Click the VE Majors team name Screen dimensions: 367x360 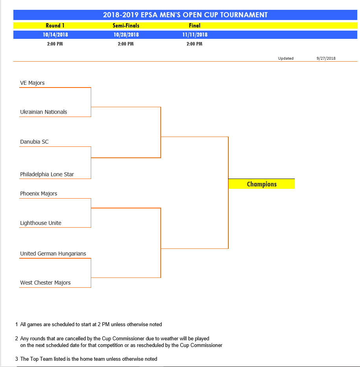32,83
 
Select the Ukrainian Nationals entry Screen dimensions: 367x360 44,112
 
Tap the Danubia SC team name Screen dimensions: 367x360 34,142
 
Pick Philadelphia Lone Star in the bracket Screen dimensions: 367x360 47,174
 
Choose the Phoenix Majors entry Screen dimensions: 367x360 39,194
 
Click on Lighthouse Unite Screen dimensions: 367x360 40,223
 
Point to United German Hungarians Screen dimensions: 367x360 53,254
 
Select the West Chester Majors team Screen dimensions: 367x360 45,283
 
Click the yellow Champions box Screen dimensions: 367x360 261,184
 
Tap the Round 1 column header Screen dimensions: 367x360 55,26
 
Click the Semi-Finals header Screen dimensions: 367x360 126,26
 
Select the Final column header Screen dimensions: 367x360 195,26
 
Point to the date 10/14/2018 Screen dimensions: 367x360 55,35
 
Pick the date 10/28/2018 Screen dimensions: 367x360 126,35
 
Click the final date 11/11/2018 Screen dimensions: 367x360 195,35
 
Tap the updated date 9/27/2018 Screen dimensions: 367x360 326,58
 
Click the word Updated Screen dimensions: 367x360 286,58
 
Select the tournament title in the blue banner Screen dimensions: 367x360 185,15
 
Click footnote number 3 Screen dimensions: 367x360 17,359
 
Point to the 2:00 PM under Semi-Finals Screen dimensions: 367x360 126,44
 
